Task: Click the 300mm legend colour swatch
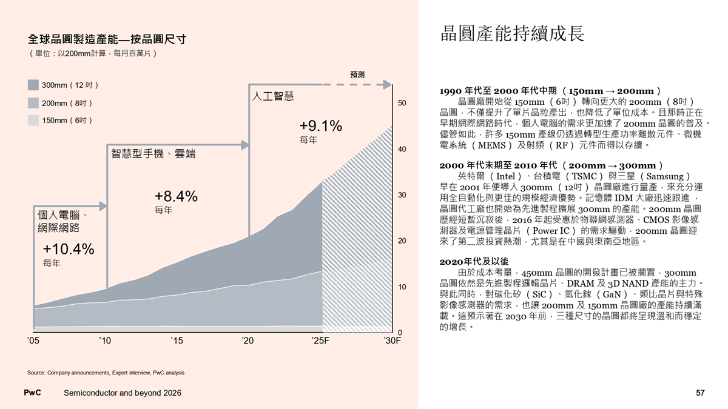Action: click(x=33, y=85)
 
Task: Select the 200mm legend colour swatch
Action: click(x=33, y=103)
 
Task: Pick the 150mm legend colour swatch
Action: click(x=33, y=121)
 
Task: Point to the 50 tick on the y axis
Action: click(x=402, y=104)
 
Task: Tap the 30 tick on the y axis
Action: click(x=402, y=195)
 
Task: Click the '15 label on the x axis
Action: click(x=177, y=341)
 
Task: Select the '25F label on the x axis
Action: click(x=320, y=341)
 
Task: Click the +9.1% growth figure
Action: click(x=321, y=126)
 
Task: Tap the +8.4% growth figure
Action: click(x=176, y=196)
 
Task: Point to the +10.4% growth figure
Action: click(x=69, y=249)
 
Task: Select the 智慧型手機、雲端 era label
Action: click(x=153, y=154)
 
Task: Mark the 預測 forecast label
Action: click(x=357, y=75)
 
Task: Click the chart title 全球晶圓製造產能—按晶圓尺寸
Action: click(x=107, y=39)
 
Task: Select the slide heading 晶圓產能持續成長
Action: click(x=513, y=34)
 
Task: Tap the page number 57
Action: click(x=700, y=393)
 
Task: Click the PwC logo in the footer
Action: click(x=32, y=393)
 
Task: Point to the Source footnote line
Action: click(x=106, y=373)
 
